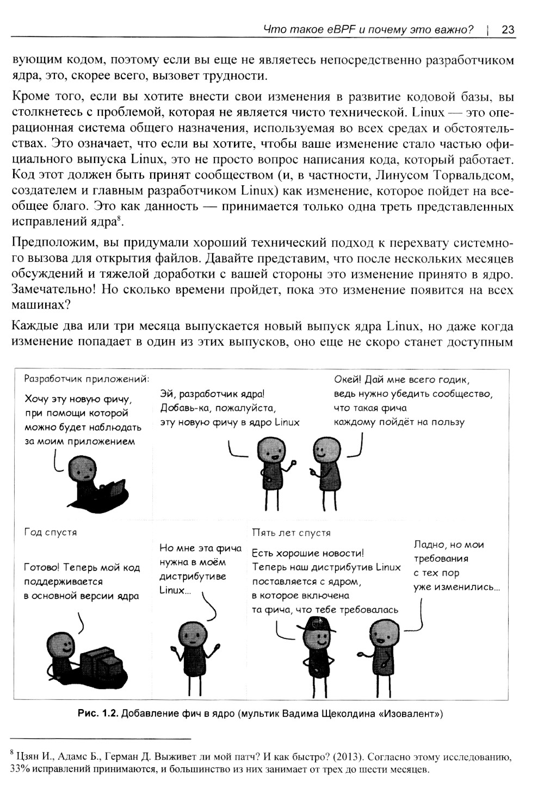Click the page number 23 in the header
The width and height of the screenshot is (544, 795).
508,29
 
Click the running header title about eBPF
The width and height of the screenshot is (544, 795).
368,29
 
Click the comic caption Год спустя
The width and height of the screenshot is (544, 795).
51,532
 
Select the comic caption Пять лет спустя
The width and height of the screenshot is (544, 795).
292,533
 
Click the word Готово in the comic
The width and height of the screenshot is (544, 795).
41,568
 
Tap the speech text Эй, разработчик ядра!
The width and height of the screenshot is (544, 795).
212,394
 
